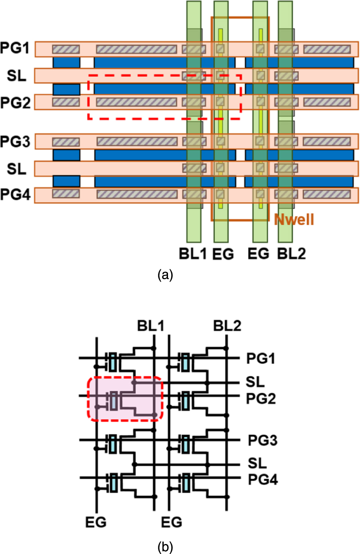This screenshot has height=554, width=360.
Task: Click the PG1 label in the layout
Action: (x=15, y=48)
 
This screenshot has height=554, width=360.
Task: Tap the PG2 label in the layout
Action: (x=15, y=102)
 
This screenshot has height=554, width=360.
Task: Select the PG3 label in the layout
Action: (x=15, y=142)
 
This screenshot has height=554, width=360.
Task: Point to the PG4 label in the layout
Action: (x=15, y=194)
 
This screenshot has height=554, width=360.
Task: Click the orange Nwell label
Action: (x=294, y=219)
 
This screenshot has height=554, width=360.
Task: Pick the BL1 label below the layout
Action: (x=193, y=254)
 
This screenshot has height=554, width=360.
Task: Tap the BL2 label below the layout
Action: (x=292, y=254)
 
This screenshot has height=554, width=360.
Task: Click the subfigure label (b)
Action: (x=165, y=547)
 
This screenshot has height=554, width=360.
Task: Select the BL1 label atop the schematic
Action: (x=151, y=326)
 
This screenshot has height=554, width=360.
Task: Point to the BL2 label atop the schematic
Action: (x=227, y=326)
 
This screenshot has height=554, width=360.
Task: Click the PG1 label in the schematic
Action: (x=261, y=358)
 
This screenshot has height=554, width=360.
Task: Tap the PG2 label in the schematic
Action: (x=261, y=399)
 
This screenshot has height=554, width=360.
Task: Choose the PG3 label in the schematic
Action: (x=262, y=440)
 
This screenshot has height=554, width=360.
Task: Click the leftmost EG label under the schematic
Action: (x=96, y=522)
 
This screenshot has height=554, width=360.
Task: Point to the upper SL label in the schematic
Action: (x=255, y=382)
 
